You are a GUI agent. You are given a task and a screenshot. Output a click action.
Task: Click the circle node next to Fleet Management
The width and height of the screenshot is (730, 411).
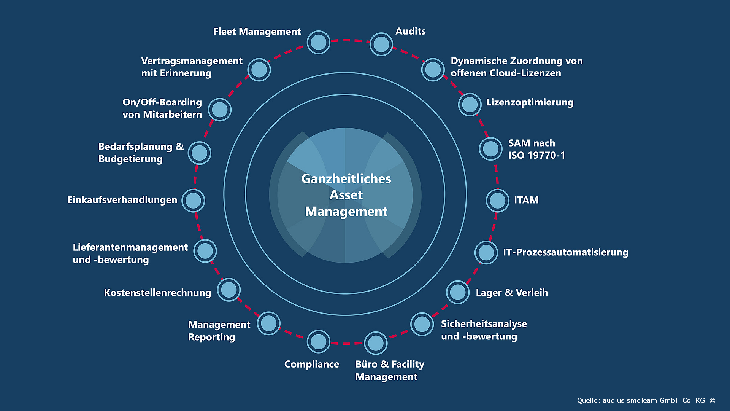point(318,42)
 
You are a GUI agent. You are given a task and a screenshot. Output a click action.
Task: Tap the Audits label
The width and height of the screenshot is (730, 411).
point(410,31)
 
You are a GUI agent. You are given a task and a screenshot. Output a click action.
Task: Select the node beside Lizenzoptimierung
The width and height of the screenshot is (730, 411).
point(470,104)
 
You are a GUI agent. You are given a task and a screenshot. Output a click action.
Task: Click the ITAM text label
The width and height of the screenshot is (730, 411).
point(526,200)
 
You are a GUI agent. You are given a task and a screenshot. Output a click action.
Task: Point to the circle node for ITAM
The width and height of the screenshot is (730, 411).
point(497,201)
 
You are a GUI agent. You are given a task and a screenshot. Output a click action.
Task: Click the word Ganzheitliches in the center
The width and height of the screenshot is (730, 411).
point(346,179)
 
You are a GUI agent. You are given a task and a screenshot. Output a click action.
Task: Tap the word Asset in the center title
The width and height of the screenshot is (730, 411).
point(346,195)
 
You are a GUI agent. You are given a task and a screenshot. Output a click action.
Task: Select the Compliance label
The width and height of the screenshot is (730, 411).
point(311,364)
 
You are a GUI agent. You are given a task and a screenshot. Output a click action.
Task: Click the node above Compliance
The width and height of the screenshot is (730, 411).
point(318,341)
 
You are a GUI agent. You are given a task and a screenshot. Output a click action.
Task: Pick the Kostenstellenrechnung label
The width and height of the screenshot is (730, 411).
point(157,293)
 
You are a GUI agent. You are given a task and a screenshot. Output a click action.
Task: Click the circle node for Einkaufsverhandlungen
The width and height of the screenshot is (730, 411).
point(193,201)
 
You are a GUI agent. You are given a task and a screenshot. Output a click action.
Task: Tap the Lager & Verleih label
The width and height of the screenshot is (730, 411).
point(512,293)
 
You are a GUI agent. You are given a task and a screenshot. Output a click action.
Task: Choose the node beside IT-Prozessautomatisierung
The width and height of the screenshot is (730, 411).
point(486,252)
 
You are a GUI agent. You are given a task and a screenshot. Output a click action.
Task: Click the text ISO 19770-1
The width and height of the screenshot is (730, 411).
point(536,155)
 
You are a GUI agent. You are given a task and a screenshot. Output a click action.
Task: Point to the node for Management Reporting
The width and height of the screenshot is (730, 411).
point(268,323)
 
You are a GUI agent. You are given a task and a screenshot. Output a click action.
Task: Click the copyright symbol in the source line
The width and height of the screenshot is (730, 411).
point(713,401)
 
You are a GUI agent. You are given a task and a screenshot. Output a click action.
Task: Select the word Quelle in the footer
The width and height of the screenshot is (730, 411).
point(588,400)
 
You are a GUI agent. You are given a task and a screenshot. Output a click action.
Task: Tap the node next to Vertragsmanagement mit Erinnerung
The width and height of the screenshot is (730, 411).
point(259,70)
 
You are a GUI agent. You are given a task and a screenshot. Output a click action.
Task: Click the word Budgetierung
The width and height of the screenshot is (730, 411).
point(130,159)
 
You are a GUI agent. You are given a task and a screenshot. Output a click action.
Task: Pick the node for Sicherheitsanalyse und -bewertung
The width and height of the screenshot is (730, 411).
point(422,324)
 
